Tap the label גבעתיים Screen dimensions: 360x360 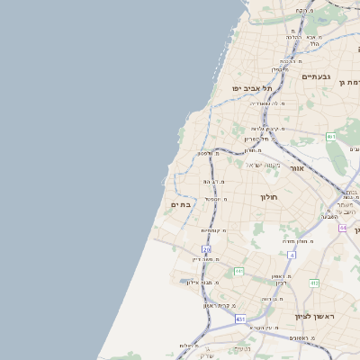[317, 76]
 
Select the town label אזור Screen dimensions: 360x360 [297, 168]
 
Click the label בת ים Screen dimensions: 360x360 [180, 205]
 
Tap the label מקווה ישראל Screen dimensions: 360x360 [263, 165]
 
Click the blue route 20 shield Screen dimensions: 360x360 [207, 248]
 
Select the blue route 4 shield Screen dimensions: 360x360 [293, 255]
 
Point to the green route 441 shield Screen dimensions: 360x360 [238, 271]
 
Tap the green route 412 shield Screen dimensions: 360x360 [314, 283]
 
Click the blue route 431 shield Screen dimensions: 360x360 [240, 319]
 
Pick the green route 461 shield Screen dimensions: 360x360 [330, 136]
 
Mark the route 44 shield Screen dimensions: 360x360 [342, 228]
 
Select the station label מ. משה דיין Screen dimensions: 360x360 [209, 259]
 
